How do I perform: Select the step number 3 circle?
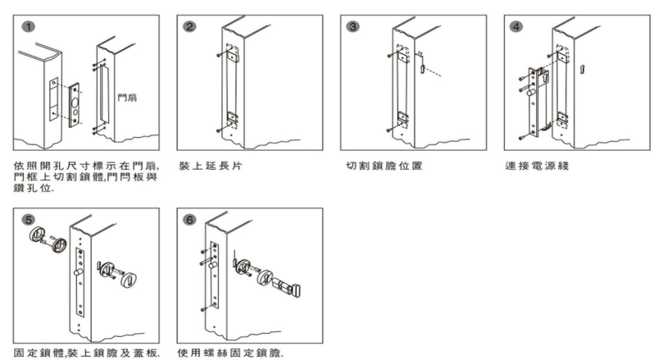point(354,26)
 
